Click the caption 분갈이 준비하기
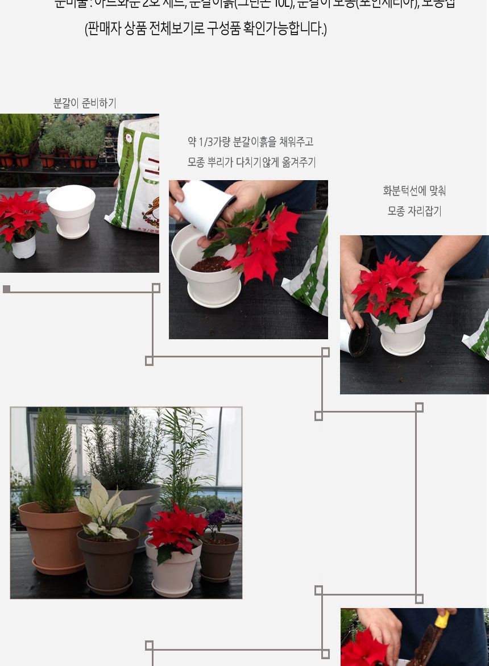85,103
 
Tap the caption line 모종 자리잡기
415,211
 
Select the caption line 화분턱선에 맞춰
415,191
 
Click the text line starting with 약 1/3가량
251,142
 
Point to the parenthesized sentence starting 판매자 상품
206,29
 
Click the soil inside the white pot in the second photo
210,264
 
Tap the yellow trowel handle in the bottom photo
442,619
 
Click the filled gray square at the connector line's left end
6,289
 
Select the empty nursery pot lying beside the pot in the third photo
355,338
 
